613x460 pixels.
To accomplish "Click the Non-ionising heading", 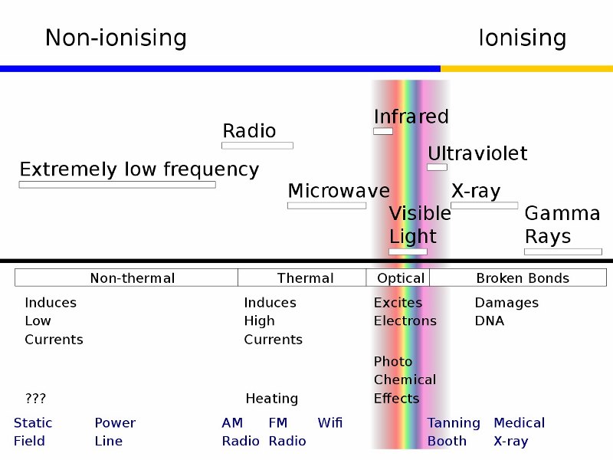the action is click(x=116, y=38).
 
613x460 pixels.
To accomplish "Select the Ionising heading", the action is click(x=523, y=38).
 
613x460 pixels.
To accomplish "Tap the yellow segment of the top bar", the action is click(x=526, y=69).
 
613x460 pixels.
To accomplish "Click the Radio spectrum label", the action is click(x=249, y=130).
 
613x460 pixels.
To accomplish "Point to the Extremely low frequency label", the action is click(x=139, y=169).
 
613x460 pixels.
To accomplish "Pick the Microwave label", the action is click(x=339, y=191).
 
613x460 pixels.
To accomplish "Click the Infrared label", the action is click(x=411, y=117).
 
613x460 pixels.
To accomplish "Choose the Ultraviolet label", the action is click(x=477, y=153).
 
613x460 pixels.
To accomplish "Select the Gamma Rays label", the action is click(x=562, y=225).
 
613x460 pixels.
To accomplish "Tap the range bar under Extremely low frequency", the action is click(x=117, y=185).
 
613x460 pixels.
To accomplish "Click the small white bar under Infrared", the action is click(x=383, y=131).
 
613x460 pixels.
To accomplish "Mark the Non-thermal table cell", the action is click(x=126, y=278).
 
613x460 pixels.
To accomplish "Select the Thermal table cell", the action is click(x=302, y=278).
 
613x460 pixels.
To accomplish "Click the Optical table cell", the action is click(x=398, y=278).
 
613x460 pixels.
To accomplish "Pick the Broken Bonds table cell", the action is click(x=518, y=278).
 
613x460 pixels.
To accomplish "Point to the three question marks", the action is click(x=35, y=398).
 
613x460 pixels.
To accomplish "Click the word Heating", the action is click(x=272, y=399).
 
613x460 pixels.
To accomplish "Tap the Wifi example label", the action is click(x=330, y=422).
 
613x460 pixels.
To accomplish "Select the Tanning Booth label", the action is click(x=454, y=432).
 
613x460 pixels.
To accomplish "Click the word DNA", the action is click(x=490, y=320).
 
